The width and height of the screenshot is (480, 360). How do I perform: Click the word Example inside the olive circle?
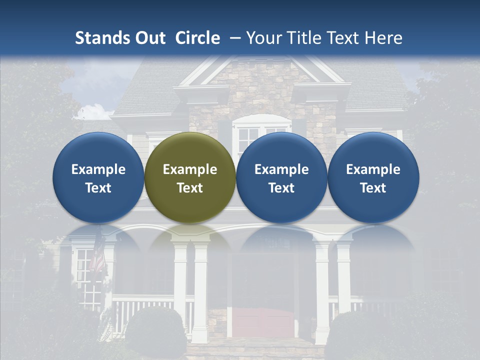pos(190,169)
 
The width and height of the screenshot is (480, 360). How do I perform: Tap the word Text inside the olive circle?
pos(190,188)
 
